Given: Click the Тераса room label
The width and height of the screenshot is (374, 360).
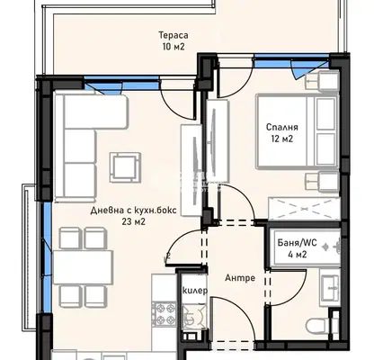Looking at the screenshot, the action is tap(174, 35).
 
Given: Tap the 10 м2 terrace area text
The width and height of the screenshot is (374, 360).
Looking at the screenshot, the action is tap(174, 47).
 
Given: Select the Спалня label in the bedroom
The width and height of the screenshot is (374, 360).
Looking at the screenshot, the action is tap(282, 127).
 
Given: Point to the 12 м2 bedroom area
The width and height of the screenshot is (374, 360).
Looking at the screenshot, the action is tap(282, 139).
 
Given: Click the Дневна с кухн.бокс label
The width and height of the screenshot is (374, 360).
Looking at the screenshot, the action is tap(134, 211).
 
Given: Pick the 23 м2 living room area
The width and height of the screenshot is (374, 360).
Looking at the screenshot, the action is tap(134, 221).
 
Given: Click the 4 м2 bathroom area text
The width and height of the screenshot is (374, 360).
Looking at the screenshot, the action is tap(297, 255).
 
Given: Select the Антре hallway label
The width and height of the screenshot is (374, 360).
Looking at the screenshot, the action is tap(240, 278).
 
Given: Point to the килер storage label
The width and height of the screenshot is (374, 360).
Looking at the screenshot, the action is tap(195, 291).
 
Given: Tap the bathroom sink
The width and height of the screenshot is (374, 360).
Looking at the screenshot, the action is tap(330, 287).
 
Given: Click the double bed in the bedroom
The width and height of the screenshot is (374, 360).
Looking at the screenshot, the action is tap(298, 131).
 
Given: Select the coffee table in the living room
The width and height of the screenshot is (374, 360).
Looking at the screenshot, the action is tap(125, 167).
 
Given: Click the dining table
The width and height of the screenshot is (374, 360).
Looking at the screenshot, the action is tap(83, 267).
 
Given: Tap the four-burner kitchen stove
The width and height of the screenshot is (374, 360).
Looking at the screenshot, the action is tap(164, 313).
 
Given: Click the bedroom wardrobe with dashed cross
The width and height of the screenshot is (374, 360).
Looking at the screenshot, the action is tap(304, 209).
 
